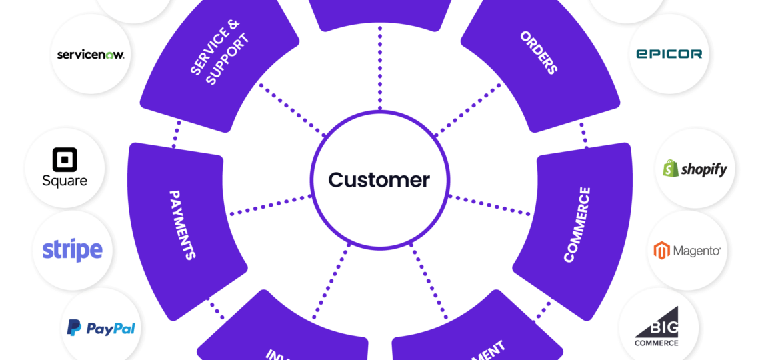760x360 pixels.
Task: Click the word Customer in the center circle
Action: point(379,180)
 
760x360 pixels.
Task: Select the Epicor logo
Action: point(669,53)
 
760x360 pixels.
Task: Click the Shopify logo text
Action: point(704,169)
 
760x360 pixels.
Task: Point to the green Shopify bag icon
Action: point(671,169)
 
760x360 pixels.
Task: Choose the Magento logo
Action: point(687,251)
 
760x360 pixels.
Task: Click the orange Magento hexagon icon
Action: point(661,251)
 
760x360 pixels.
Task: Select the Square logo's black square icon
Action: point(65,160)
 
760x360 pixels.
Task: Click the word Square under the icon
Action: point(65,181)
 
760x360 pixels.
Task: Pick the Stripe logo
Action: point(72,250)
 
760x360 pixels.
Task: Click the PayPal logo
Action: point(101,328)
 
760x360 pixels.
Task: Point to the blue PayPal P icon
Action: point(74,328)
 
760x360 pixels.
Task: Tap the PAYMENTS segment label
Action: point(182,225)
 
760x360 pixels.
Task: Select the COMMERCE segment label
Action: point(577,225)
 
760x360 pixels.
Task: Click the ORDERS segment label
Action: point(539,53)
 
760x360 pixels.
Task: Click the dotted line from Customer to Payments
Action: point(270,205)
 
